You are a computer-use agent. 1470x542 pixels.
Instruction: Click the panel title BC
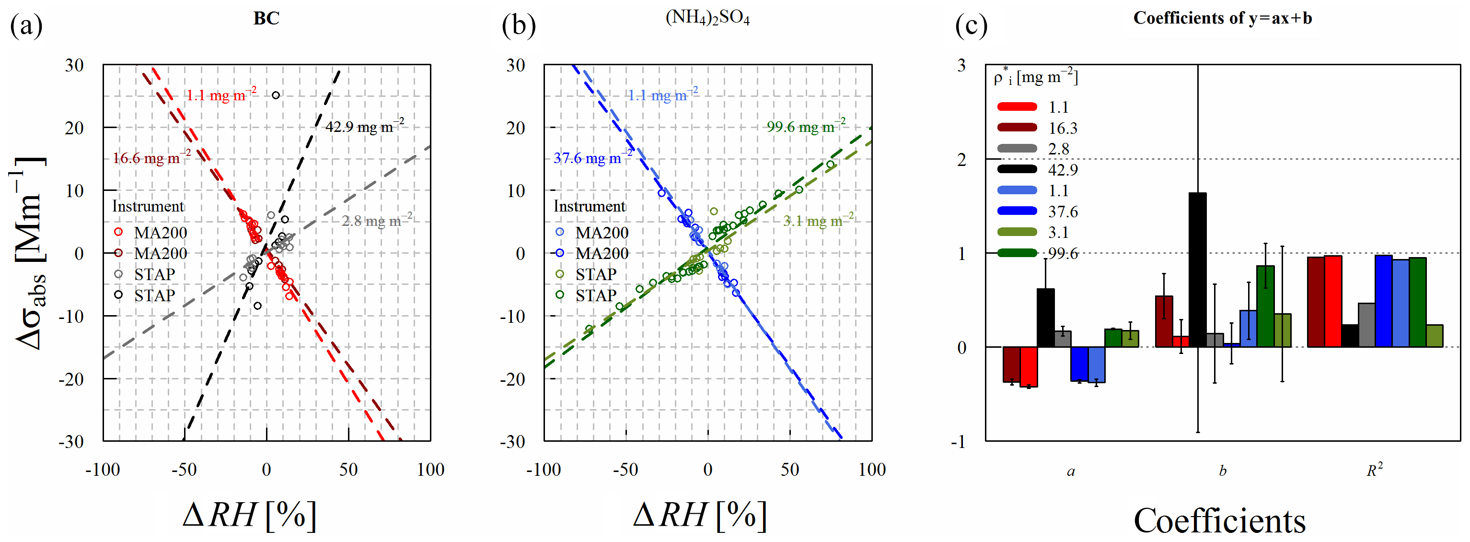[266, 18]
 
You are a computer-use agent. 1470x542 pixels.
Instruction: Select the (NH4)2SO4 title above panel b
[707, 18]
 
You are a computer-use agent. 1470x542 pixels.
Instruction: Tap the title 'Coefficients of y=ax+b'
[1222, 18]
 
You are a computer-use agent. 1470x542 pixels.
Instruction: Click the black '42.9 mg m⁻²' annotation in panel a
[364, 126]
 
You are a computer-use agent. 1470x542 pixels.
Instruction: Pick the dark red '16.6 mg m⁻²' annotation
[152, 158]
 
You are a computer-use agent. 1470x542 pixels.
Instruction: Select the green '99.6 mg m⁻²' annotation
[805, 126]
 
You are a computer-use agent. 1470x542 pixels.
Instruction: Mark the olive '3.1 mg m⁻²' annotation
[818, 221]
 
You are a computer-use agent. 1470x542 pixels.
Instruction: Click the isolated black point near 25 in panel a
[276, 95]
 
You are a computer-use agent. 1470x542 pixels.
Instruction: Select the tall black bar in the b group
[1197, 269]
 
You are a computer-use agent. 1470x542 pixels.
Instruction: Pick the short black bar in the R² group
[1350, 336]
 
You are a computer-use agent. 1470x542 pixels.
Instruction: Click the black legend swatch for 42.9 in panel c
[1017, 169]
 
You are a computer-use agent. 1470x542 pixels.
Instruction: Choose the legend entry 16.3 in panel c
[1062, 128]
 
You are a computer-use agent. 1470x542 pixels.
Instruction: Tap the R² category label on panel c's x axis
[1374, 471]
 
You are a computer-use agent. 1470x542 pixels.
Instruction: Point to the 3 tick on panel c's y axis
[962, 66]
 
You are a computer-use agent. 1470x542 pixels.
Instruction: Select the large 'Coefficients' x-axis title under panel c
[1219, 520]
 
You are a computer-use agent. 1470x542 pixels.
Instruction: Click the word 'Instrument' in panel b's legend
[590, 206]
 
